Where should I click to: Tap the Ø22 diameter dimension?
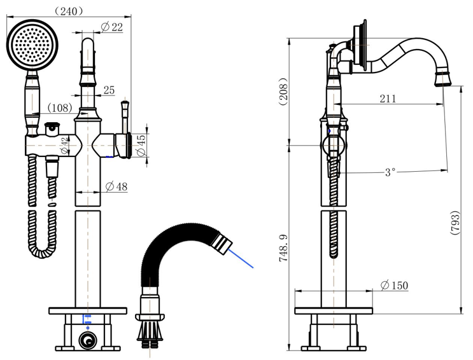112,26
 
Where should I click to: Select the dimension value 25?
109,91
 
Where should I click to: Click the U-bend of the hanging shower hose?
43,251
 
